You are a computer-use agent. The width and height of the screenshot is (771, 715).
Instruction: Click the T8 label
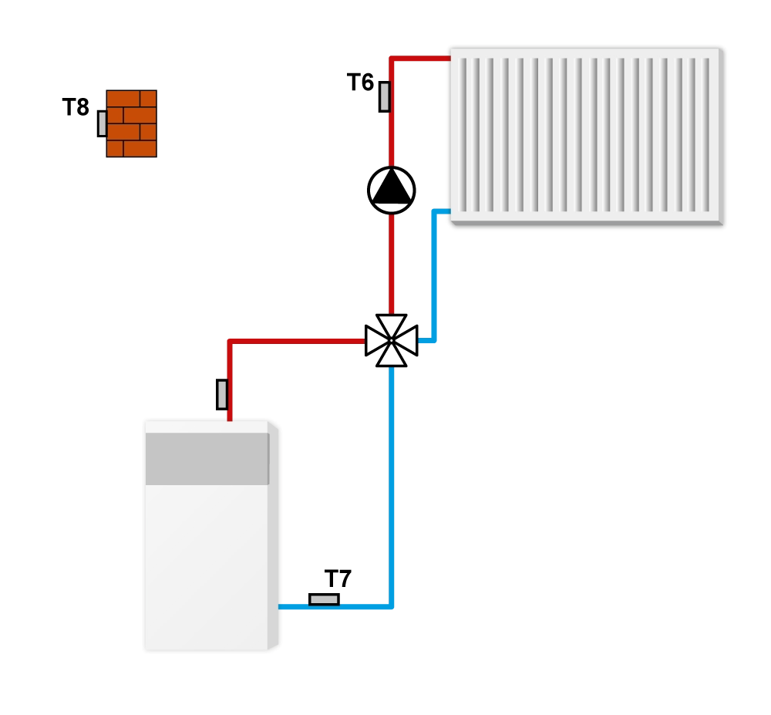coord(76,107)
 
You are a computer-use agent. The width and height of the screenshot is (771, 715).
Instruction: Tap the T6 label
coord(360,82)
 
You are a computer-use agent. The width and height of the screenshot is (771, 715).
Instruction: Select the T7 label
coord(338,578)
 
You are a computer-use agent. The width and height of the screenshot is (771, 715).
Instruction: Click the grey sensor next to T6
coord(385,97)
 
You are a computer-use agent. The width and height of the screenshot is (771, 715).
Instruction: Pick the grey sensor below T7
coord(324,599)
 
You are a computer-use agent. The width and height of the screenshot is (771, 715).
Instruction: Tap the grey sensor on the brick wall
coord(103,123)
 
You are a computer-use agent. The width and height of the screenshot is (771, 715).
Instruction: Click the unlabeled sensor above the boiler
coord(222,394)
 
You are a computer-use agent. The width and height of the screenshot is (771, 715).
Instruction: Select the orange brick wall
coord(132,123)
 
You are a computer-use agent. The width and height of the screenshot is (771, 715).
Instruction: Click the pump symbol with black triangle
coord(392,191)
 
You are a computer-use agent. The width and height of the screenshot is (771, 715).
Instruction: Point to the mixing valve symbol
coord(392,340)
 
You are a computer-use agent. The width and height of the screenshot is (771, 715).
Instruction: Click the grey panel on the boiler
coord(207,459)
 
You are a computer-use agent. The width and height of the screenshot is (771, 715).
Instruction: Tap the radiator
coord(587,137)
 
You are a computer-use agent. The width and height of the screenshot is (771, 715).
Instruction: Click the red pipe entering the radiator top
coord(420,59)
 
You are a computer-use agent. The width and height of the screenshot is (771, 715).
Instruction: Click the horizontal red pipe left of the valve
coord(298,341)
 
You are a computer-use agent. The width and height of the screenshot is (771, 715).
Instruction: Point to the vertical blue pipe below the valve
coord(392,487)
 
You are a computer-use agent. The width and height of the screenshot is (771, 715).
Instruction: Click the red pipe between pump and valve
coord(392,264)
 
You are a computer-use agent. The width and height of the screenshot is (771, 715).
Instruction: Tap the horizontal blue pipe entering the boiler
coord(335,607)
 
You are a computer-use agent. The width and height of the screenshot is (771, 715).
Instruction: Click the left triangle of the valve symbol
coord(377,340)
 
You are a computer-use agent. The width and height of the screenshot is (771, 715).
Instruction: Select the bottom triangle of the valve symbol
coord(392,354)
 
